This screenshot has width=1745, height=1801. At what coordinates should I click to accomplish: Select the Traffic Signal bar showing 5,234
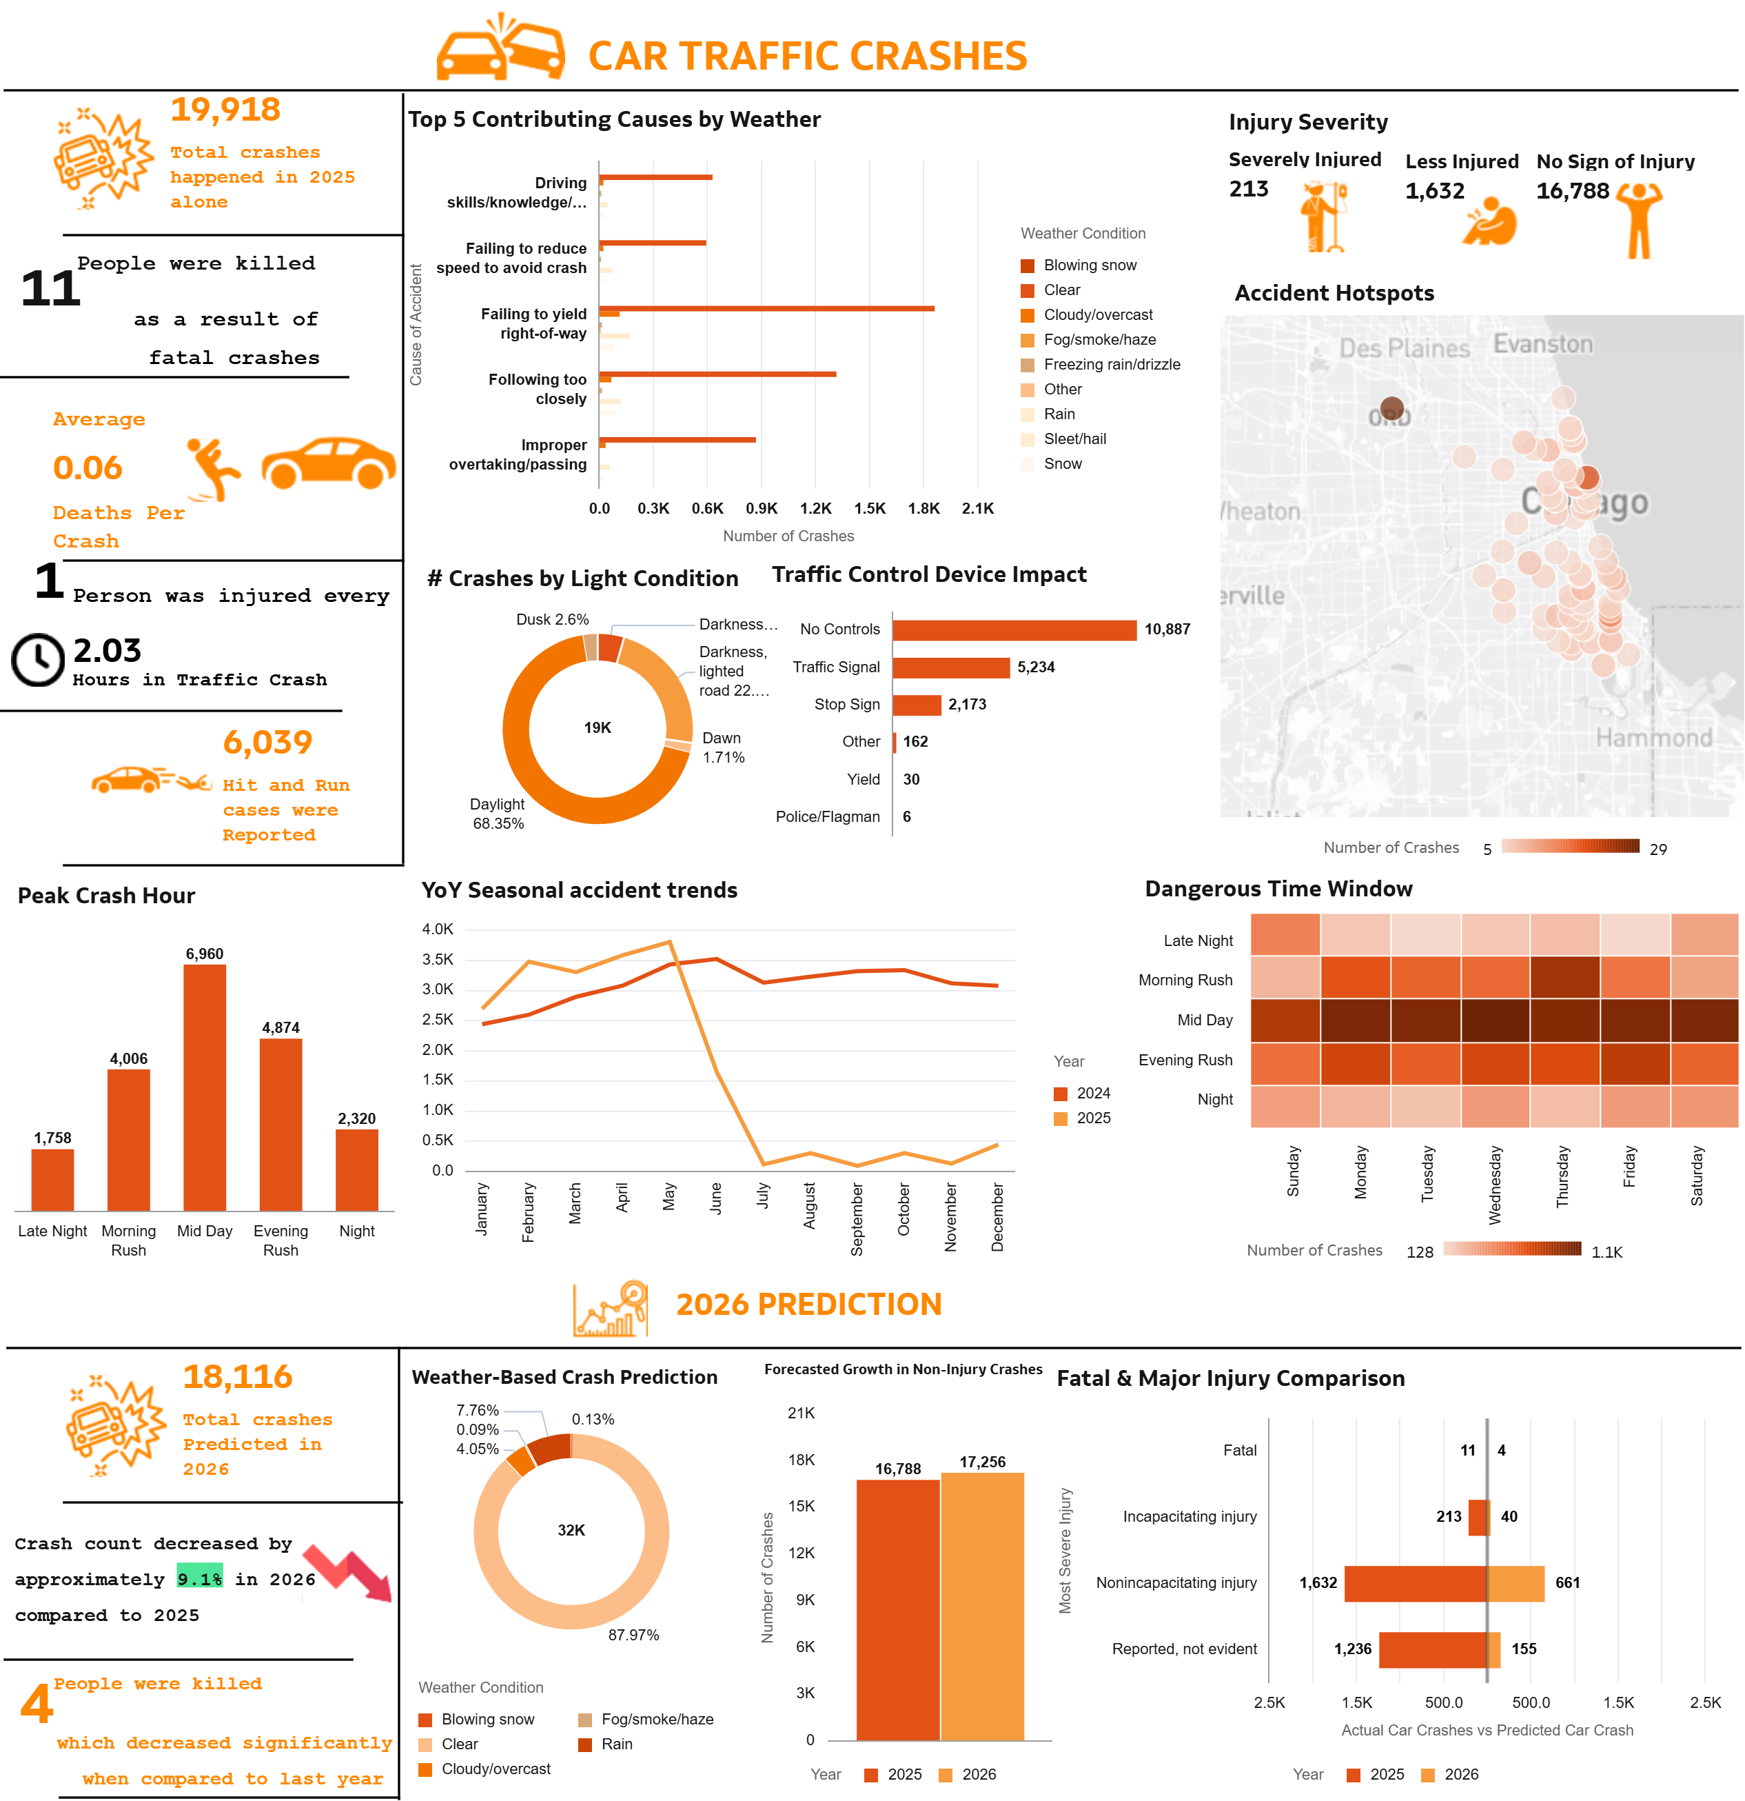pyautogui.click(x=950, y=667)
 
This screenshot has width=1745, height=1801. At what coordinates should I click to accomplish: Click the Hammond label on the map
pyautogui.click(x=1653, y=737)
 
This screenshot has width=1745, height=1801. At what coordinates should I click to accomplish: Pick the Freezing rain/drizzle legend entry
pyautogui.click(x=1111, y=365)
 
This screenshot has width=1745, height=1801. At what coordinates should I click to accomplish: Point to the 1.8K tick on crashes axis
pyautogui.click(x=923, y=508)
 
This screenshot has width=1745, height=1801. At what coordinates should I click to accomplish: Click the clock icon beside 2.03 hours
pyautogui.click(x=38, y=659)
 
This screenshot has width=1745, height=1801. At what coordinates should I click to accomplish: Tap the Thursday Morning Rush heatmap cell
pyautogui.click(x=1564, y=977)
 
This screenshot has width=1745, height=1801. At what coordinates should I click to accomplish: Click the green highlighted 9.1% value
pyautogui.click(x=199, y=1578)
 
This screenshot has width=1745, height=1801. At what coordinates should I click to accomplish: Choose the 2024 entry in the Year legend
pyautogui.click(x=1092, y=1093)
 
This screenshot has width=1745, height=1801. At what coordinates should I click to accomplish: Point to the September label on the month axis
pyautogui.click(x=857, y=1218)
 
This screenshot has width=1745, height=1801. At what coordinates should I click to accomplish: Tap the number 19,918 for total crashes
pyautogui.click(x=225, y=110)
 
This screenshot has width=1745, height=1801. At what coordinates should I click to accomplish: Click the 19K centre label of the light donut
pyautogui.click(x=597, y=727)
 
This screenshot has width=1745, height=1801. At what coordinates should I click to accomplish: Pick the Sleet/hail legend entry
pyautogui.click(x=1074, y=439)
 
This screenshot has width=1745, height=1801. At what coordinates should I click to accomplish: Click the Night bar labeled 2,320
pyautogui.click(x=356, y=1169)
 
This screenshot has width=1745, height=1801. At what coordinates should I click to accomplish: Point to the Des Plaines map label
pyautogui.click(x=1405, y=348)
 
